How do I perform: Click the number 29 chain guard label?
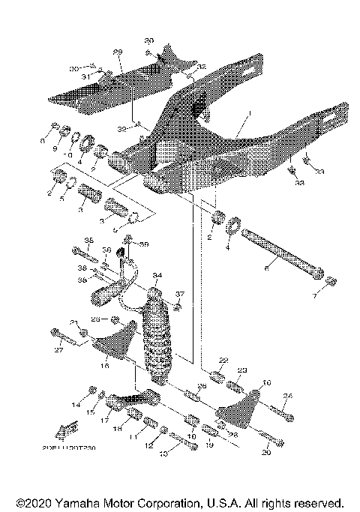[118, 52]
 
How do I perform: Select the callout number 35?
[88, 241]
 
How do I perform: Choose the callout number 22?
[223, 361]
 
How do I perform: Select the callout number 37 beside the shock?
[179, 293]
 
